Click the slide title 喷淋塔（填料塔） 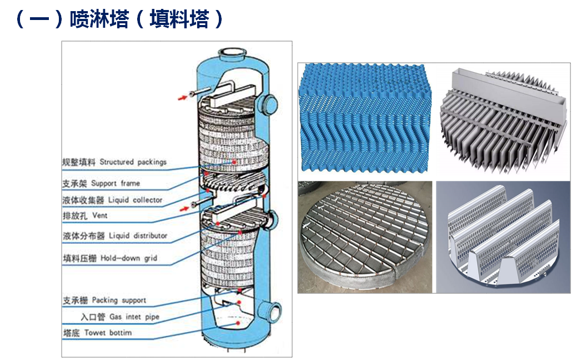[119, 20]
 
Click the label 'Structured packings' [133, 162]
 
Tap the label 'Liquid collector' [136, 199]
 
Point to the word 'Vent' [100, 216]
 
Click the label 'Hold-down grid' [129, 258]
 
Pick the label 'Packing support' [119, 301]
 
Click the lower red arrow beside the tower [182, 209]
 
